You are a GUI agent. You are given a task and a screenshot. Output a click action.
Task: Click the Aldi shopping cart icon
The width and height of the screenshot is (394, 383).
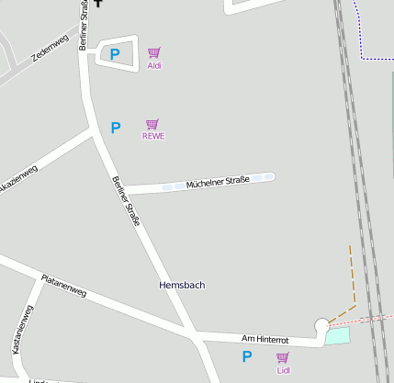[154, 53]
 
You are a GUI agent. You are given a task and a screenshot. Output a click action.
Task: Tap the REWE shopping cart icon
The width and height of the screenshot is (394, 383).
[152, 124]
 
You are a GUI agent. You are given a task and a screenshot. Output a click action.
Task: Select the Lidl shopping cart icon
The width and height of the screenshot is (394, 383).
[283, 357]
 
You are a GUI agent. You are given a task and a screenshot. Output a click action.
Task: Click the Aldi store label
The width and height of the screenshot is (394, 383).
[154, 66]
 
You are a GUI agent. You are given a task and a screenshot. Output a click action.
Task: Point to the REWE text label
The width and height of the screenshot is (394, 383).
[153, 136]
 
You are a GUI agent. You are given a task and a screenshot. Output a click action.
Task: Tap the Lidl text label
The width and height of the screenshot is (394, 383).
[283, 370]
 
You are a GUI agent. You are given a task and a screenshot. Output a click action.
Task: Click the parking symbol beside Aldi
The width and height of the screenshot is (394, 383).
[115, 55]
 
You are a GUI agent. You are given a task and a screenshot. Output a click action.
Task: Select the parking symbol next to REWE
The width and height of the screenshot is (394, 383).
[115, 128]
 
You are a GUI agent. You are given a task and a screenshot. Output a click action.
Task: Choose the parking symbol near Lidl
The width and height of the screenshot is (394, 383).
[246, 356]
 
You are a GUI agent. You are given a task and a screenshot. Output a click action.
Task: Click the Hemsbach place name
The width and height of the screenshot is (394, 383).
[182, 286]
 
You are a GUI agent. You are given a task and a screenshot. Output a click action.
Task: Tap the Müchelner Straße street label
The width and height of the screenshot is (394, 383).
[218, 184]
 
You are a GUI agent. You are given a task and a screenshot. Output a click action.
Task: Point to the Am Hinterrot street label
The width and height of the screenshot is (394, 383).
[265, 340]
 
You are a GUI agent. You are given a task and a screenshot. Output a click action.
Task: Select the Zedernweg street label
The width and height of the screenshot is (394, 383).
[50, 46]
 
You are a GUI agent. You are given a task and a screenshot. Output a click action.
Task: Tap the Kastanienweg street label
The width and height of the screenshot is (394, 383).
[22, 331]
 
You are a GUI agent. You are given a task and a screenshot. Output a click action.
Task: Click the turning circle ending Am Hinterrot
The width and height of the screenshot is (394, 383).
[321, 325]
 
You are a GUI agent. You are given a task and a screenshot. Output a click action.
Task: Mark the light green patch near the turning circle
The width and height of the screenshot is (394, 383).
[338, 336]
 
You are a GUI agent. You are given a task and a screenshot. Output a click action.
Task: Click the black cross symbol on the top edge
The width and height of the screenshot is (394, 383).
[98, 3]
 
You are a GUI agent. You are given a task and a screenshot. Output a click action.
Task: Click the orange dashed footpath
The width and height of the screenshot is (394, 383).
[352, 276]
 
